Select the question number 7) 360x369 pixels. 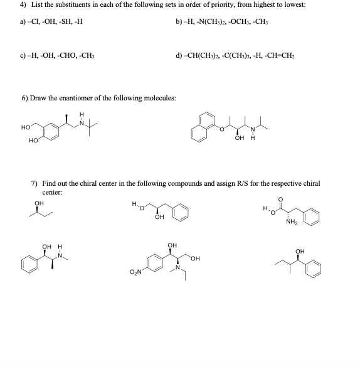[x=36, y=183]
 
